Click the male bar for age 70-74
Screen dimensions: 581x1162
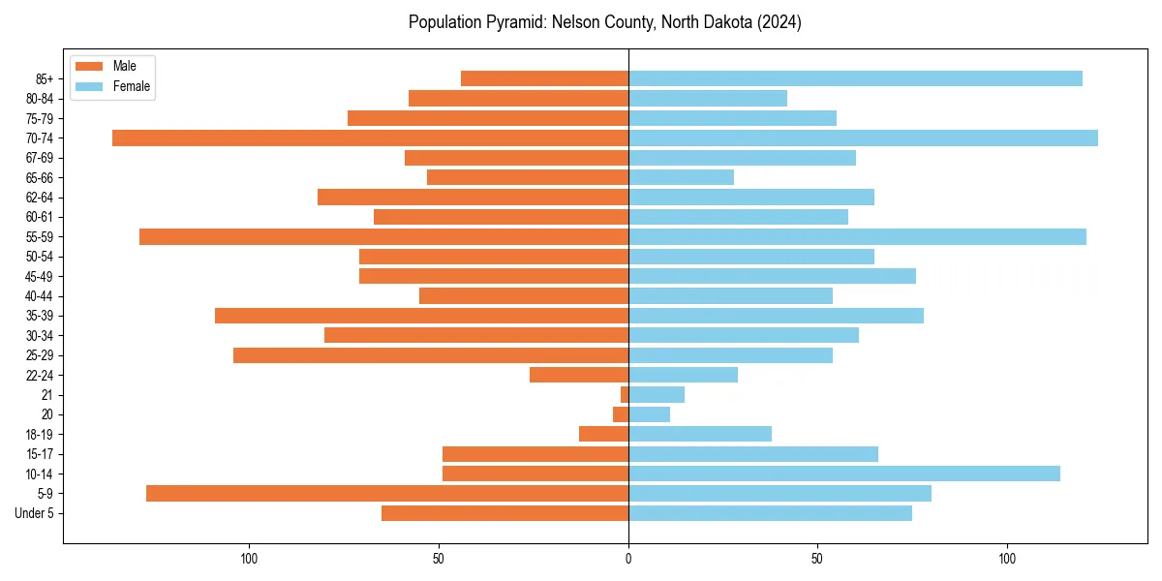click(370, 138)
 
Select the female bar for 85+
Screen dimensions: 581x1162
click(855, 78)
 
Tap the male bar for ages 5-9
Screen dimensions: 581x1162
click(387, 493)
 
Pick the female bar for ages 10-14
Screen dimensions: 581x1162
click(843, 474)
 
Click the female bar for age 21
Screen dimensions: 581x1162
click(657, 394)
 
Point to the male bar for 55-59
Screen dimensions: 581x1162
click(383, 236)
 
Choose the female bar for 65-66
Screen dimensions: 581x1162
click(681, 177)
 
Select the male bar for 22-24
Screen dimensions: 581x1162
click(579, 375)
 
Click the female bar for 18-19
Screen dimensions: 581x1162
click(700, 434)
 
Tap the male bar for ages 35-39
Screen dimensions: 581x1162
click(421, 316)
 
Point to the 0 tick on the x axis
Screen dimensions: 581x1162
click(628, 559)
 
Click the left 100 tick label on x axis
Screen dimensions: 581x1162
click(249, 559)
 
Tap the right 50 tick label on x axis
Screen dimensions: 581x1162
click(817, 559)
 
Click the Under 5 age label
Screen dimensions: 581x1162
click(34, 513)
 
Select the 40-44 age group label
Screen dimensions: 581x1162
click(39, 296)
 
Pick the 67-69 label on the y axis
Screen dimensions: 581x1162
click(39, 158)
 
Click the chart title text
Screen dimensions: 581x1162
click(604, 22)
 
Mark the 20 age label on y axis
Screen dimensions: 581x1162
click(46, 414)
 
